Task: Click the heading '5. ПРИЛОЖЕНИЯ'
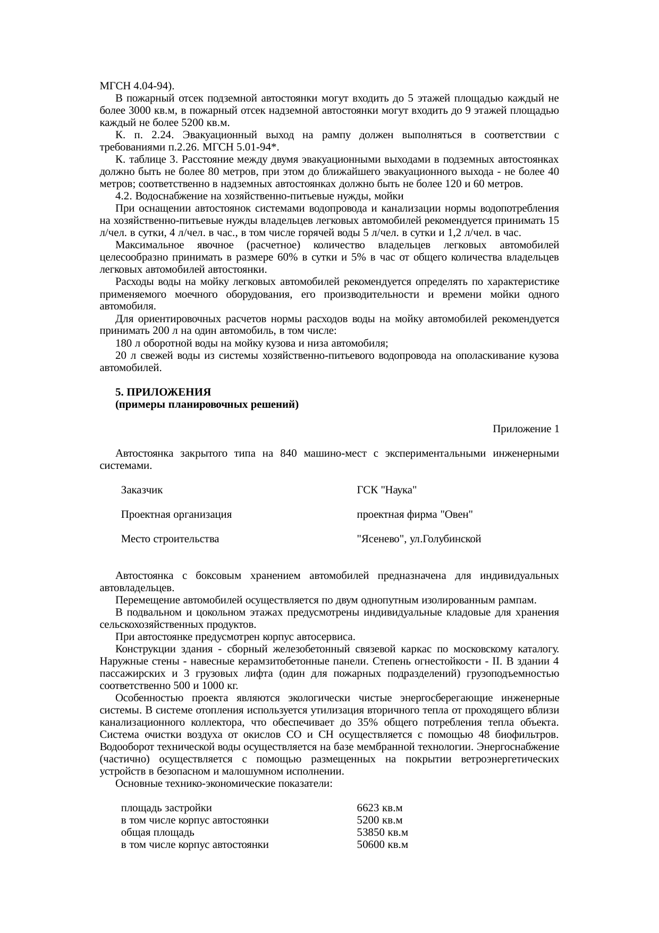click(163, 392)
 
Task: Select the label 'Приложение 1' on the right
click(525, 429)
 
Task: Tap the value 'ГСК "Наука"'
click(386, 490)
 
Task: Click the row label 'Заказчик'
click(142, 490)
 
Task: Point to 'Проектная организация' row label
click(176, 515)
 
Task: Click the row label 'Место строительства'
click(170, 539)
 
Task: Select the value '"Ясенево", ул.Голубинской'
click(419, 539)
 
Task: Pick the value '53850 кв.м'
click(382, 833)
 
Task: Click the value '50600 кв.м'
click(382, 845)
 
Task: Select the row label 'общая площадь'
click(157, 833)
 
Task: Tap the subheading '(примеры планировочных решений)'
click(207, 405)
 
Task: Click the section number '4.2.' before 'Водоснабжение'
click(124, 196)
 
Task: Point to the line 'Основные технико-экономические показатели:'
click(224, 784)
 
